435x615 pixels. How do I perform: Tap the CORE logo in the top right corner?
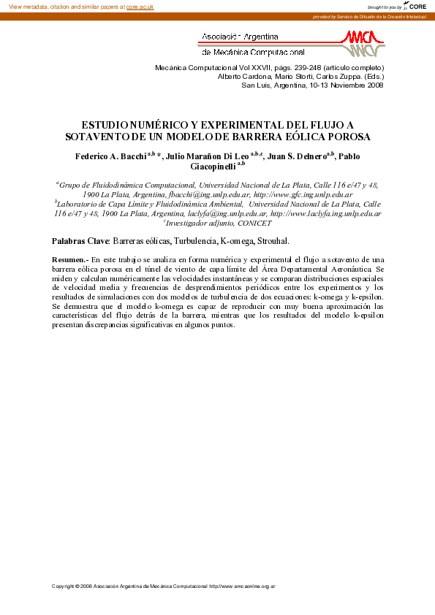(x=415, y=6)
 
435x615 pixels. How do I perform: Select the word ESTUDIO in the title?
(x=107, y=126)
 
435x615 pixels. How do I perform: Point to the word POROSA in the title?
(x=352, y=137)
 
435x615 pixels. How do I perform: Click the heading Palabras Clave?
(x=80, y=240)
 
